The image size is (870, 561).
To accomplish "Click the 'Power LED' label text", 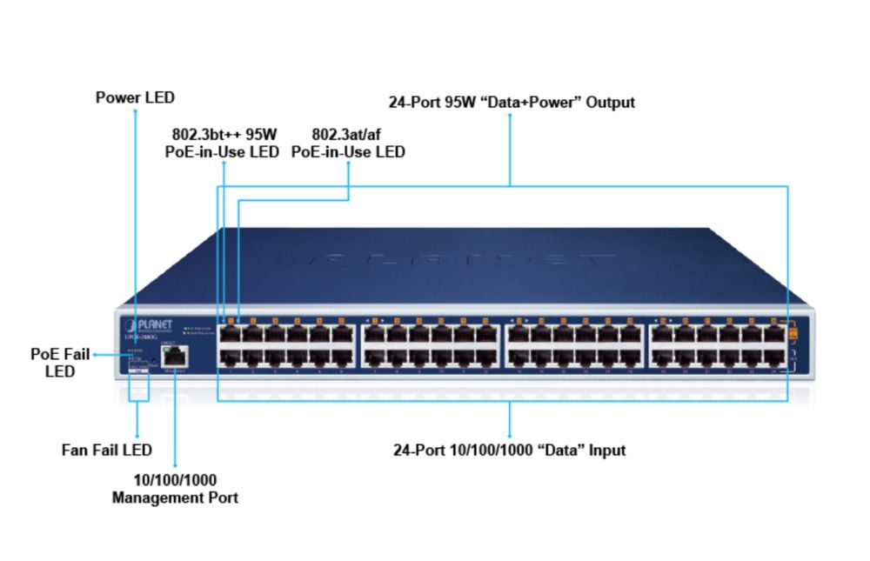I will tap(135, 97).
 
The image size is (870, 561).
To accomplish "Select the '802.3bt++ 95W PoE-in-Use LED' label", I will tap(223, 143).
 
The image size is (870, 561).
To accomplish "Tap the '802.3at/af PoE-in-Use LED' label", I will tap(348, 143).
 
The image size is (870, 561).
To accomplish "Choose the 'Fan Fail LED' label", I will tap(107, 450).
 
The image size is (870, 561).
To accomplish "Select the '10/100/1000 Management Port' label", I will tap(175, 489).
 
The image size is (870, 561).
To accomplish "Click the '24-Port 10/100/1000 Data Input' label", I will tap(510, 450).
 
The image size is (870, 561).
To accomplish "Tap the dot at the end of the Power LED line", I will tap(135, 112).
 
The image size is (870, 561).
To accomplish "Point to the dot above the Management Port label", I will tap(175, 466).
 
